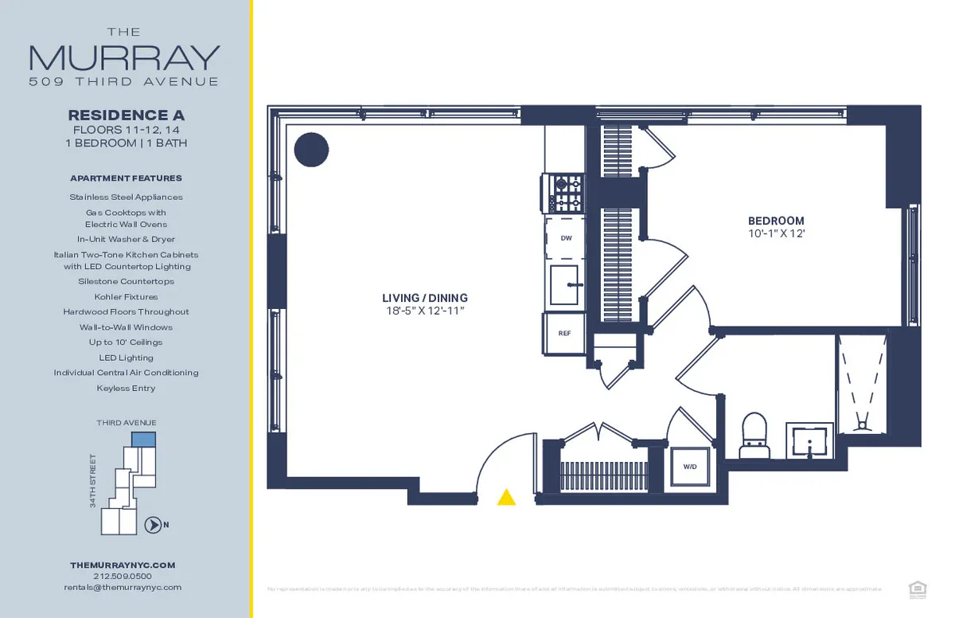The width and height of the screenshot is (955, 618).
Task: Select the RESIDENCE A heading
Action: point(126,115)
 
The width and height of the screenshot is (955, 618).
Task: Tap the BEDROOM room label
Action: point(775,221)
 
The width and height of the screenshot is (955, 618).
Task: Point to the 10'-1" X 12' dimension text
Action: point(775,234)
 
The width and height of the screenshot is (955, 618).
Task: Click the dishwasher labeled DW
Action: point(566,238)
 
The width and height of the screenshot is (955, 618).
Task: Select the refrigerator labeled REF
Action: point(564,334)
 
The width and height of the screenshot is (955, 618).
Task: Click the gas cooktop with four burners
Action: point(565,193)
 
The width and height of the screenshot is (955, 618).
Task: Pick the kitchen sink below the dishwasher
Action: point(565,284)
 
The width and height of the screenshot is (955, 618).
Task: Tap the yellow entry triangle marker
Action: point(506,498)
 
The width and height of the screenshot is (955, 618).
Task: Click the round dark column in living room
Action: point(311,149)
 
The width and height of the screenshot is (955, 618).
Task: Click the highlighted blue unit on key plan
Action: point(143,440)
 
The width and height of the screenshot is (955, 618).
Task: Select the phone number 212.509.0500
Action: point(123,576)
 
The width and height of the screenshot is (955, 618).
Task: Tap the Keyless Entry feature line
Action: point(126,388)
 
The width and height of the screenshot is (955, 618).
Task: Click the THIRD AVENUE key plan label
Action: point(126,422)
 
